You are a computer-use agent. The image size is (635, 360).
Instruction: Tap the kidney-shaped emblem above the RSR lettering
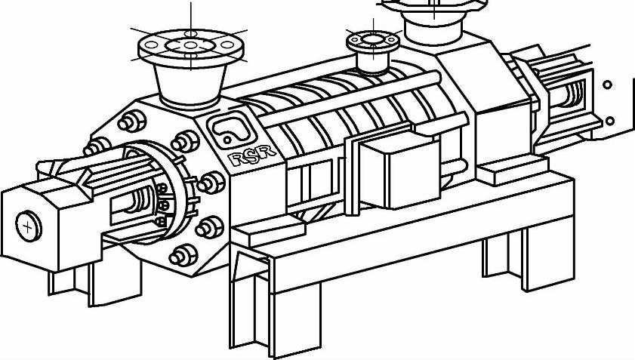228,129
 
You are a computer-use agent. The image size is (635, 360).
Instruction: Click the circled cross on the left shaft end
29,225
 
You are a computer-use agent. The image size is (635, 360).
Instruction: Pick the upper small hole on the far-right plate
608,85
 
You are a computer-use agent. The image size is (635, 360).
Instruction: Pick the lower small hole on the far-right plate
609,121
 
